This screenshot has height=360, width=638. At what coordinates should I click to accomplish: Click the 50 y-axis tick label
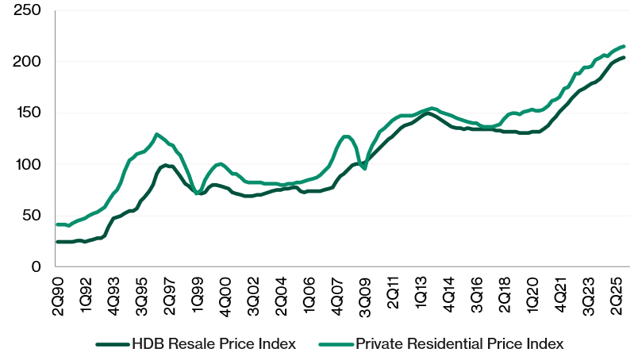[x=34, y=216]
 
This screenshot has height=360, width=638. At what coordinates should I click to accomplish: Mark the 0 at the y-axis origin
[x=37, y=267]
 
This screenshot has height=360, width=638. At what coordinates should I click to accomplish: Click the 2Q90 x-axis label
[x=58, y=293]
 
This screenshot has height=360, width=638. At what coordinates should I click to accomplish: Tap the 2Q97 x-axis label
[x=169, y=293]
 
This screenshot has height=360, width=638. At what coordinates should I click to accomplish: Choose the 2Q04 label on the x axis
[x=280, y=293]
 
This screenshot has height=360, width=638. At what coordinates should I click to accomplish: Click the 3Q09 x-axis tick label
[x=364, y=293]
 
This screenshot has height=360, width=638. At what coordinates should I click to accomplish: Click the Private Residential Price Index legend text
[x=459, y=343]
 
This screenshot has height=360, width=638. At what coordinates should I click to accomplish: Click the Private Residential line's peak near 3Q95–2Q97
[x=157, y=134]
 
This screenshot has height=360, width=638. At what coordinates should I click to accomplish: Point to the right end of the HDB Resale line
[x=624, y=57]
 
